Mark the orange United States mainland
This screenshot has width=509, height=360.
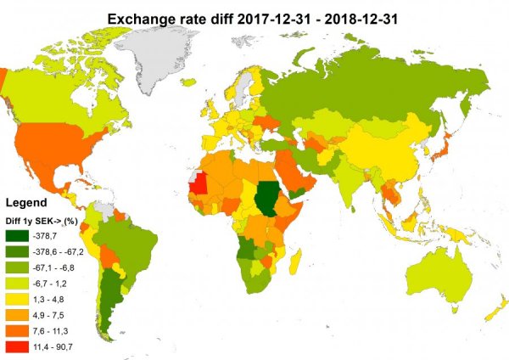[64, 144]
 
